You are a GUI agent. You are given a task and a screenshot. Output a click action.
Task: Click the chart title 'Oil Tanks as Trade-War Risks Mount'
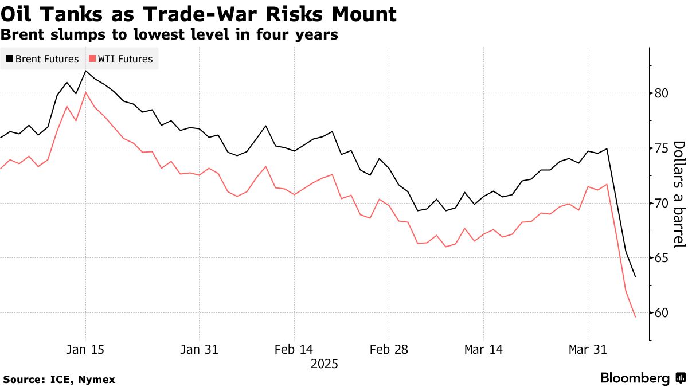click(198, 14)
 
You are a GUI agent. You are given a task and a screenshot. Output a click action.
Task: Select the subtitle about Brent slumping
click(169, 34)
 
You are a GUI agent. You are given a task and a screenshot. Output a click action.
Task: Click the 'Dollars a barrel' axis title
click(679, 195)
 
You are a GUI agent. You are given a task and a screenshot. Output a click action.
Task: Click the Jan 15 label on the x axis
click(86, 350)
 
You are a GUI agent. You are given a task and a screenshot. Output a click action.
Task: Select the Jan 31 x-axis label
click(199, 350)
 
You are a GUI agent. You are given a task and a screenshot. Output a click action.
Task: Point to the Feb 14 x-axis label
click(294, 350)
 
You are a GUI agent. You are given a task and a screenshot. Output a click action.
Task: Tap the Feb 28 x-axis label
click(389, 350)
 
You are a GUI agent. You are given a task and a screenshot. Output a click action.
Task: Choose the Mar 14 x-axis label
click(484, 350)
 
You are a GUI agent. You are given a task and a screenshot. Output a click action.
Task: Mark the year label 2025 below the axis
click(324, 364)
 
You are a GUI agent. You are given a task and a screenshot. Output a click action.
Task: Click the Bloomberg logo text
click(635, 378)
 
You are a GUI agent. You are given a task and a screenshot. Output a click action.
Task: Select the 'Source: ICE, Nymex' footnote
click(59, 379)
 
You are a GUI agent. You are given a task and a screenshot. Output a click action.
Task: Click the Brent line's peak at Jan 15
click(86, 71)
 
